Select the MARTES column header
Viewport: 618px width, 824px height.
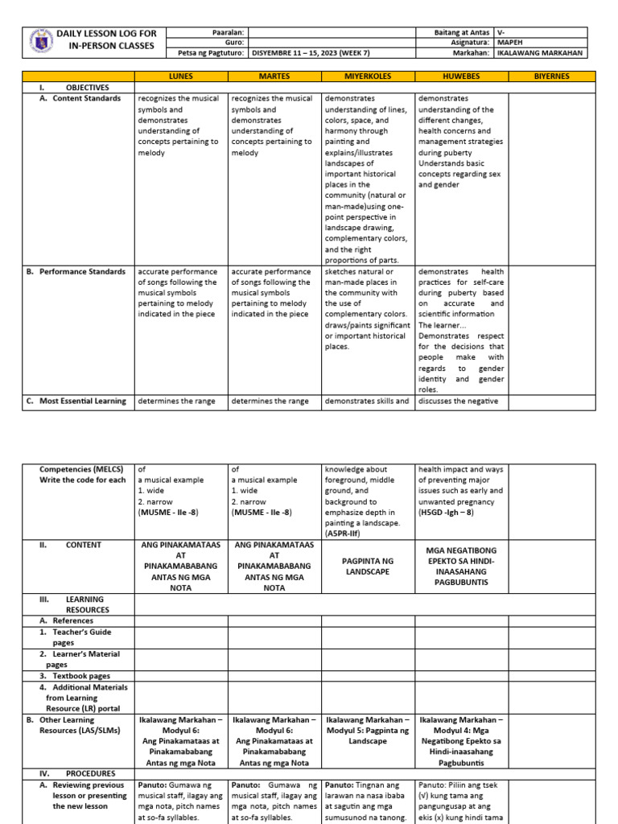[x=274, y=76]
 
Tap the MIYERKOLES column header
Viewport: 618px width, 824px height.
[x=367, y=76]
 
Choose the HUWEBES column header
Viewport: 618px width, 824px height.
[x=461, y=76]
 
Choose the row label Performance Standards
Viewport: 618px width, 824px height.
[x=83, y=271]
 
